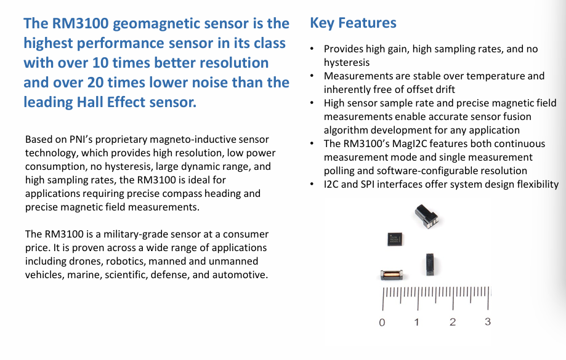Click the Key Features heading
pyautogui.click(x=353, y=23)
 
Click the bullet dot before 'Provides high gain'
pyautogui.click(x=312, y=49)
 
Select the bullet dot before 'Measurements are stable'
pyautogui.click(x=312, y=76)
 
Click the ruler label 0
pyautogui.click(x=382, y=322)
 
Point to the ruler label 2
pyautogui.click(x=453, y=322)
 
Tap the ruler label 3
pyautogui.click(x=488, y=321)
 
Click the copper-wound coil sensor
pyautogui.click(x=392, y=275)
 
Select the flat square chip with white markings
pyautogui.click(x=395, y=239)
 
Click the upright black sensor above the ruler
pyautogui.click(x=429, y=264)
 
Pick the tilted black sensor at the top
pyautogui.click(x=426, y=216)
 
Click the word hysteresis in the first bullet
pyautogui.click(x=347, y=63)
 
